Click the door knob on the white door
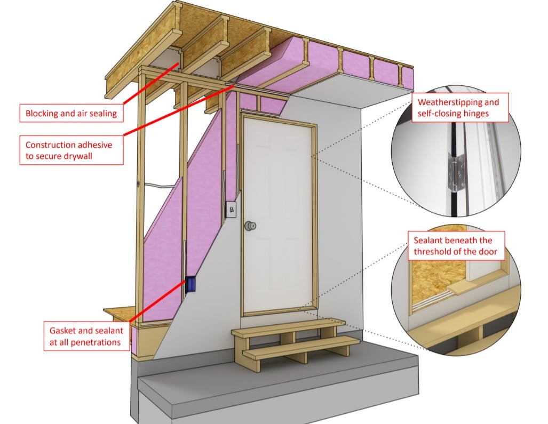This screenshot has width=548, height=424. pyautogui.click(x=249, y=226)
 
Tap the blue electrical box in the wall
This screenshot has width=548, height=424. pyautogui.click(x=191, y=284)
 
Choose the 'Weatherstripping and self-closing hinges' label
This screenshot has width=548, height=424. pyautogui.click(x=462, y=108)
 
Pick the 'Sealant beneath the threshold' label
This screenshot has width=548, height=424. pyautogui.click(x=457, y=246)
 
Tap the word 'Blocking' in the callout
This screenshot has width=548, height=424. pyautogui.click(x=43, y=113)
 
